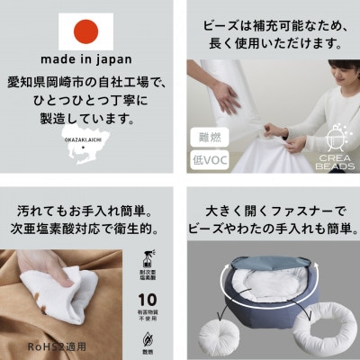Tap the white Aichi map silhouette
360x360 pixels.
[90, 154]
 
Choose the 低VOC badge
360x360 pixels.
[208, 161]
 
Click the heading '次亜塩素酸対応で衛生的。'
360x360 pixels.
[90, 228]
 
